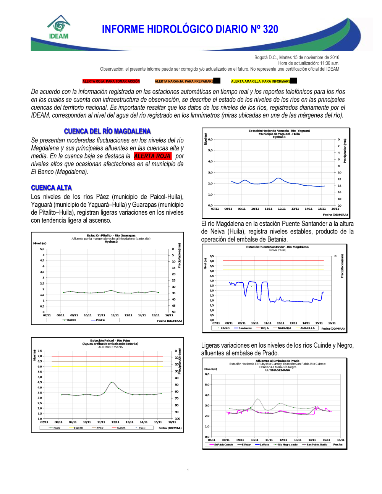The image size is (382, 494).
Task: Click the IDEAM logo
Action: (x=59, y=28)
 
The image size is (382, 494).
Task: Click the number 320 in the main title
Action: (x=270, y=29)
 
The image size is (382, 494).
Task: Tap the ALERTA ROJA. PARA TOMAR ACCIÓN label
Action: (x=111, y=81)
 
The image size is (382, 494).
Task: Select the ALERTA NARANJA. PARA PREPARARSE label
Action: (x=185, y=81)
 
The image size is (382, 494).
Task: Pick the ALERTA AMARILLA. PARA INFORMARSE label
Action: (x=261, y=81)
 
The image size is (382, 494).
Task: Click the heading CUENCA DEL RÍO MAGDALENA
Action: (x=107, y=131)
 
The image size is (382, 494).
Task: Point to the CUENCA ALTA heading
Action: (x=52, y=188)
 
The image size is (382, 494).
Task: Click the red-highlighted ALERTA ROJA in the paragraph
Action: (x=152, y=156)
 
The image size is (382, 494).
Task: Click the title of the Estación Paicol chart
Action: (x=110, y=341)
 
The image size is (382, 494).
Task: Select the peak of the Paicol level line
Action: (x=112, y=382)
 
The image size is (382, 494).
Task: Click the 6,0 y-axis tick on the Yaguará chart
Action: (x=210, y=140)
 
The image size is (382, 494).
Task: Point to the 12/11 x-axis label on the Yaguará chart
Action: (x=282, y=209)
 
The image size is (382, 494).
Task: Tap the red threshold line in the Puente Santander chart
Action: (x=273, y=261)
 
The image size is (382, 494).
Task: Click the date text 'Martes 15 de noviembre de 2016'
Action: (x=309, y=58)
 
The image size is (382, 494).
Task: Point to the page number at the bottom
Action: (x=188, y=470)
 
